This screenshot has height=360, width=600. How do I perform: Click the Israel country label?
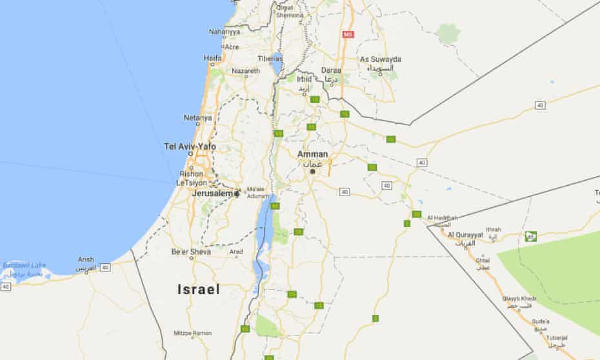point(198,290)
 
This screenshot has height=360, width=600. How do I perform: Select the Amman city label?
point(312,155)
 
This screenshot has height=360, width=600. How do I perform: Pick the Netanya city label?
point(197,118)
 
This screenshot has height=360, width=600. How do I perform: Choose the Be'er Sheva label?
point(191,252)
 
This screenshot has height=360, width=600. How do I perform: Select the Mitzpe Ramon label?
point(193,333)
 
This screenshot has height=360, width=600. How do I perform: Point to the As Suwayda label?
point(381,59)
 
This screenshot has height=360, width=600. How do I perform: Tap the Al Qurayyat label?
point(465,234)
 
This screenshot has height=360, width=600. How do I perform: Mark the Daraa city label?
point(332,70)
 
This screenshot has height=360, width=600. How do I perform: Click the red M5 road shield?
point(348,34)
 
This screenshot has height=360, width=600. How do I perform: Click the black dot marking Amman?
point(312,172)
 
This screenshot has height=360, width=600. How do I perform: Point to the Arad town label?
point(237,252)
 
